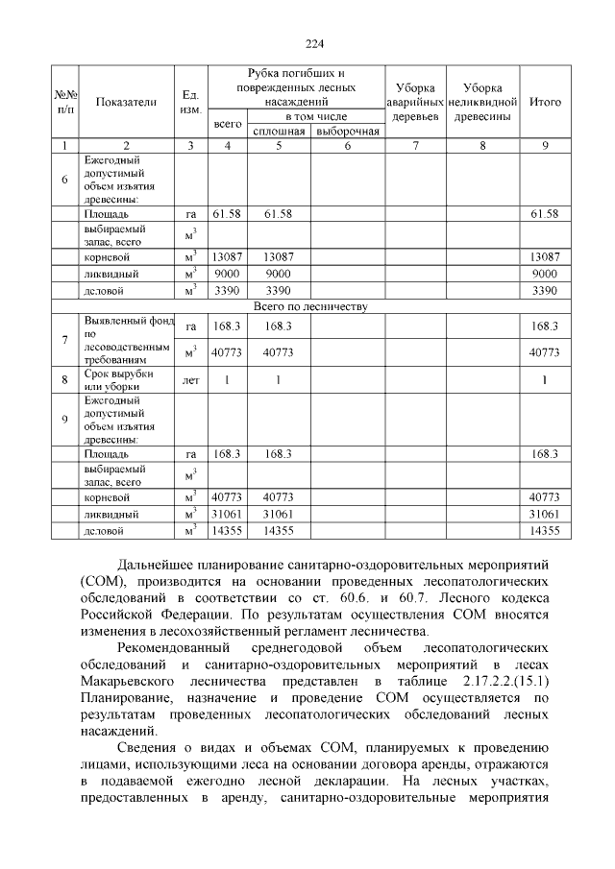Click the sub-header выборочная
(347, 132)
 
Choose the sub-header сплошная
(279, 132)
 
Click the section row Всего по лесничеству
(307, 306)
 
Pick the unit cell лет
(190, 380)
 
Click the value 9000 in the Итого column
(545, 274)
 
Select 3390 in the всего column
(227, 290)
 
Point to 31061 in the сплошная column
(279, 514)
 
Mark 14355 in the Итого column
(545, 530)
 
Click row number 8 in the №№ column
(64, 380)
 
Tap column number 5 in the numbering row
(279, 146)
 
